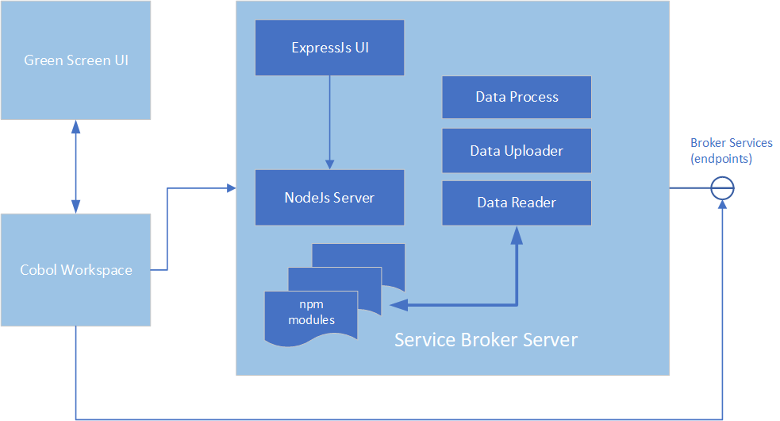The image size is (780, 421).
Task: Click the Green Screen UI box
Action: point(75,60)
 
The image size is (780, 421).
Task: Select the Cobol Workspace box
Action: point(75,270)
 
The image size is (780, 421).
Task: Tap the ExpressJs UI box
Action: point(329,48)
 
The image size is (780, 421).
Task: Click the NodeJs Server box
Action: point(329,197)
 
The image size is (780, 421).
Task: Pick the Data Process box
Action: point(517,97)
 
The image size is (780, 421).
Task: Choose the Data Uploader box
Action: point(517,150)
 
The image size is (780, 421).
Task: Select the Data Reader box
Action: point(517,203)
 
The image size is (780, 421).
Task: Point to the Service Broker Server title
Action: point(486,340)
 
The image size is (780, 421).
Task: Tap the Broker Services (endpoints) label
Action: point(731,150)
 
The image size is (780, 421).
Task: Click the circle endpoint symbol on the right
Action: point(722,188)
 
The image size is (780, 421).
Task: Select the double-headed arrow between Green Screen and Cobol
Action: point(75,167)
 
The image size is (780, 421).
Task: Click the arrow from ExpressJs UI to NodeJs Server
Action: point(329,119)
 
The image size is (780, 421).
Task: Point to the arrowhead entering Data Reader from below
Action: point(517,232)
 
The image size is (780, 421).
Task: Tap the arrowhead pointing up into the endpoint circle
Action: point(722,204)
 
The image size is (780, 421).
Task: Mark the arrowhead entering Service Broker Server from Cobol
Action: point(231,188)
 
